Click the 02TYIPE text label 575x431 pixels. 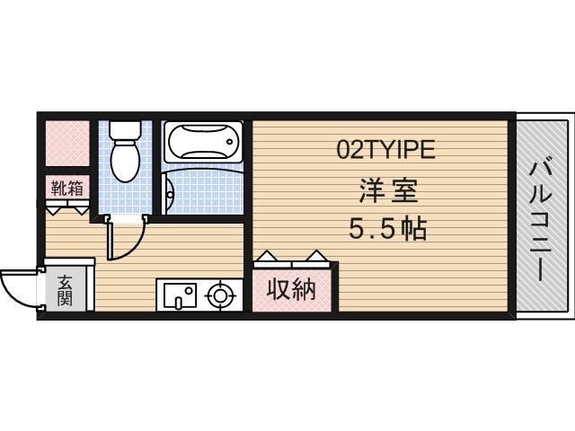[385, 150]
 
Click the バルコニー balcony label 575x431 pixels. [541, 218]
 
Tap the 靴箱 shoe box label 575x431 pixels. [67, 189]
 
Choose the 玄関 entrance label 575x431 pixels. [66, 291]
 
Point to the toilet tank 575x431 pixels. [122, 129]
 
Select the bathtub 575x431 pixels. [202, 141]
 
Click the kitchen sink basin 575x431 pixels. [179, 295]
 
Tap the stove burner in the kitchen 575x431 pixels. [221, 295]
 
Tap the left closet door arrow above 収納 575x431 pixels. [267, 258]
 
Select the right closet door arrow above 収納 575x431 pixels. [314, 258]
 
